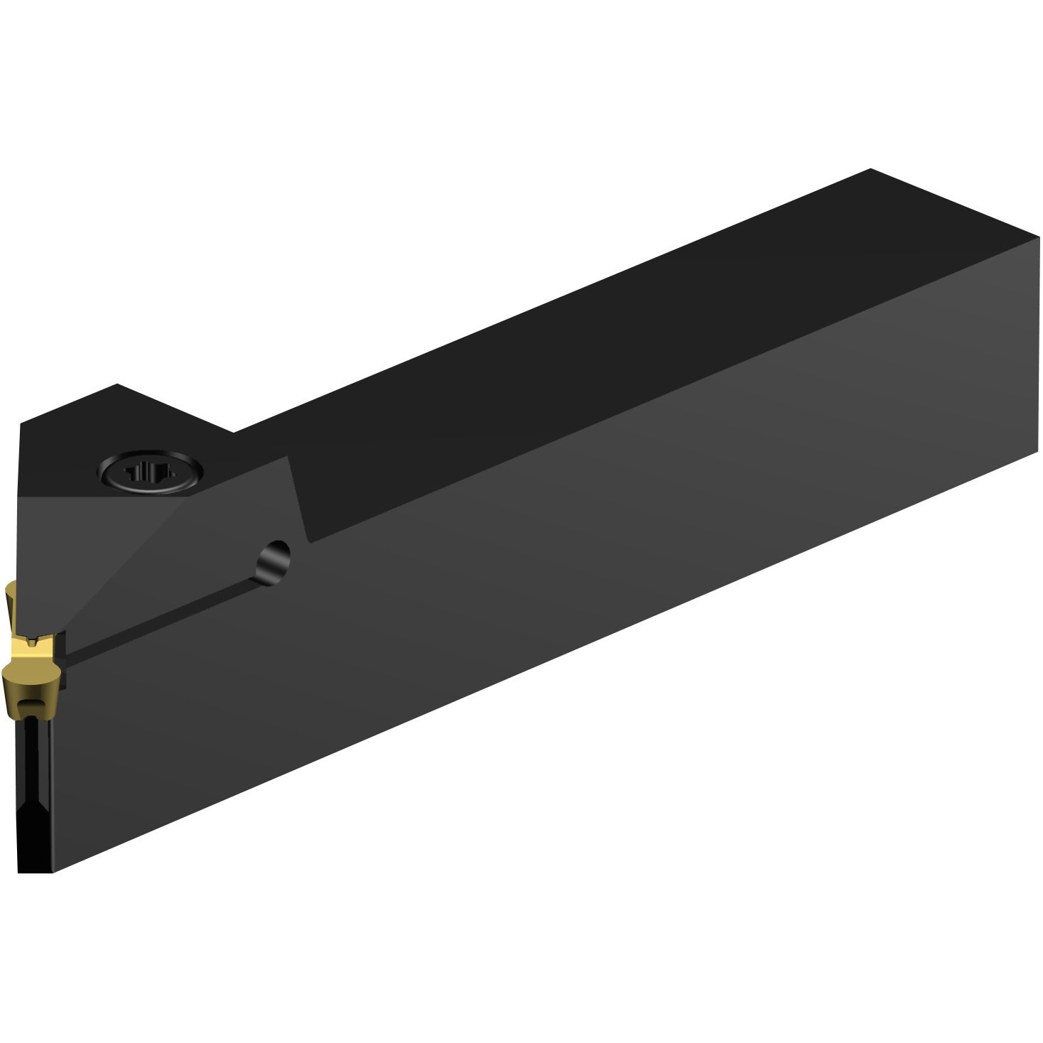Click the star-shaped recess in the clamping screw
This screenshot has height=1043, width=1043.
click(149, 472)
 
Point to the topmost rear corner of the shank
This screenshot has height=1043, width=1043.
click(870, 170)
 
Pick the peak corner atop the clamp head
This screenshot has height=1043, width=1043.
click(117, 384)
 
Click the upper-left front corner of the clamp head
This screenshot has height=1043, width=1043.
click(21, 424)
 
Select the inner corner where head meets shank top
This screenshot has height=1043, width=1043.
click(234, 431)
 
